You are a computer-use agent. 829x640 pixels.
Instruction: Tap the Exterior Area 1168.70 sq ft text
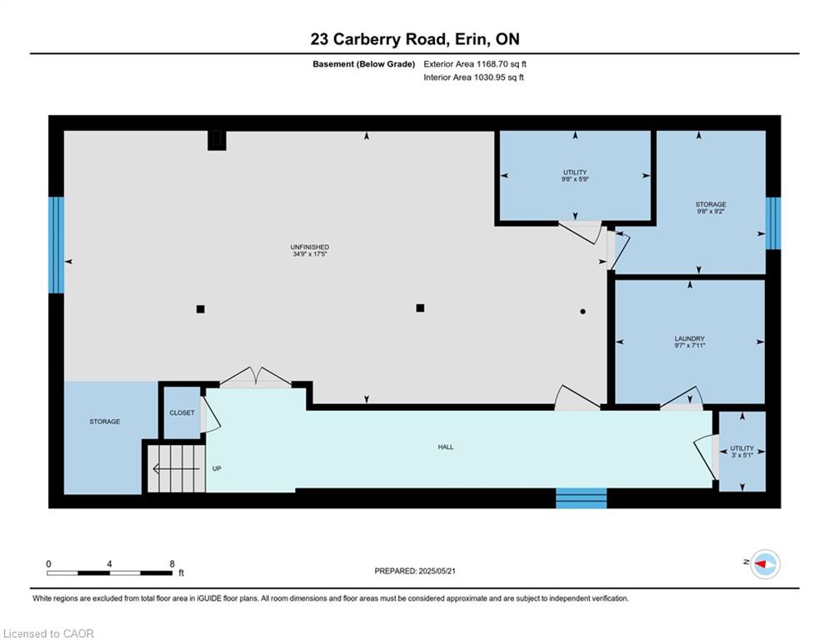point(475,64)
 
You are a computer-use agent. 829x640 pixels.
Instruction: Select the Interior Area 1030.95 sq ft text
point(474,77)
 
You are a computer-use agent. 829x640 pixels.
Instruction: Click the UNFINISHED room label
point(310,247)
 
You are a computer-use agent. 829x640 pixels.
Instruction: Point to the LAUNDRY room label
point(689,338)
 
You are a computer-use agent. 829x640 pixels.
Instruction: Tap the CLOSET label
point(182,412)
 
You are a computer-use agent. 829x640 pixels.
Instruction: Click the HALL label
point(446,447)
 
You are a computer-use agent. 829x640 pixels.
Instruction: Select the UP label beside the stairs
point(217,468)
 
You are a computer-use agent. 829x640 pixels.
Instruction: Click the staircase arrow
point(176,468)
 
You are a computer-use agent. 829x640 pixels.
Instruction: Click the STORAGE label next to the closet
point(105,422)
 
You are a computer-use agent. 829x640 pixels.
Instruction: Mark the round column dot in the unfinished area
point(582,312)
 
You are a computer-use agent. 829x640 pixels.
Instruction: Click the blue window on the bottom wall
point(581,498)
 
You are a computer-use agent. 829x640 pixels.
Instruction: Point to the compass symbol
point(766,564)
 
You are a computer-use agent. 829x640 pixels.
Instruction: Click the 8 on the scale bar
point(172,564)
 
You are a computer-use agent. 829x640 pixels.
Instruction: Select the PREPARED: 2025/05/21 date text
point(415,571)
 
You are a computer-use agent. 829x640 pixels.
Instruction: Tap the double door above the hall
point(255,377)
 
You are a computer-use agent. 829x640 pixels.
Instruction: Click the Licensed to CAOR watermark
point(48,633)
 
